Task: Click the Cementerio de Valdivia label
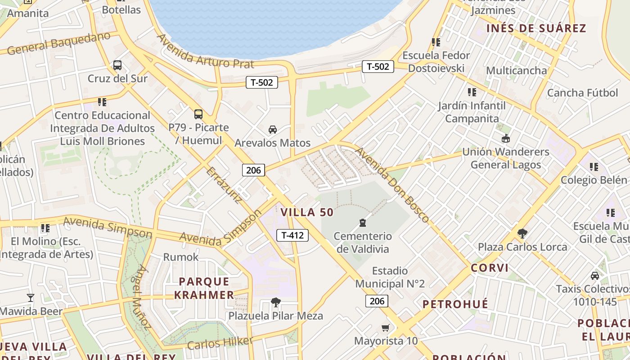click(363, 243)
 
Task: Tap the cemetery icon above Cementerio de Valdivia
click(362, 223)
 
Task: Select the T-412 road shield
click(292, 235)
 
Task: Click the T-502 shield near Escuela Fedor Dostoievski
click(378, 67)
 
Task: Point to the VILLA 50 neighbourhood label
click(307, 212)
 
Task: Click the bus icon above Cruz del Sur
click(117, 65)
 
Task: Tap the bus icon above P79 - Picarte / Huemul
click(198, 114)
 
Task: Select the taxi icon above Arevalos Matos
click(272, 130)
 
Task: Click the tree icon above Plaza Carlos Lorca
click(522, 234)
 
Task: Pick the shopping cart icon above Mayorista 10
click(385, 328)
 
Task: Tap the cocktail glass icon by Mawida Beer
click(31, 298)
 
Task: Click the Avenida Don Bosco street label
click(392, 184)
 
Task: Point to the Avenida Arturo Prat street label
click(205, 51)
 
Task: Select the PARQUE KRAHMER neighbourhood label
click(204, 288)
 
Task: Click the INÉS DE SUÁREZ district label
click(536, 28)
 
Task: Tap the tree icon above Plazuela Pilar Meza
click(275, 302)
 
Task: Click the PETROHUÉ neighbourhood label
click(455, 304)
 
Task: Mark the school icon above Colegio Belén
click(594, 167)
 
